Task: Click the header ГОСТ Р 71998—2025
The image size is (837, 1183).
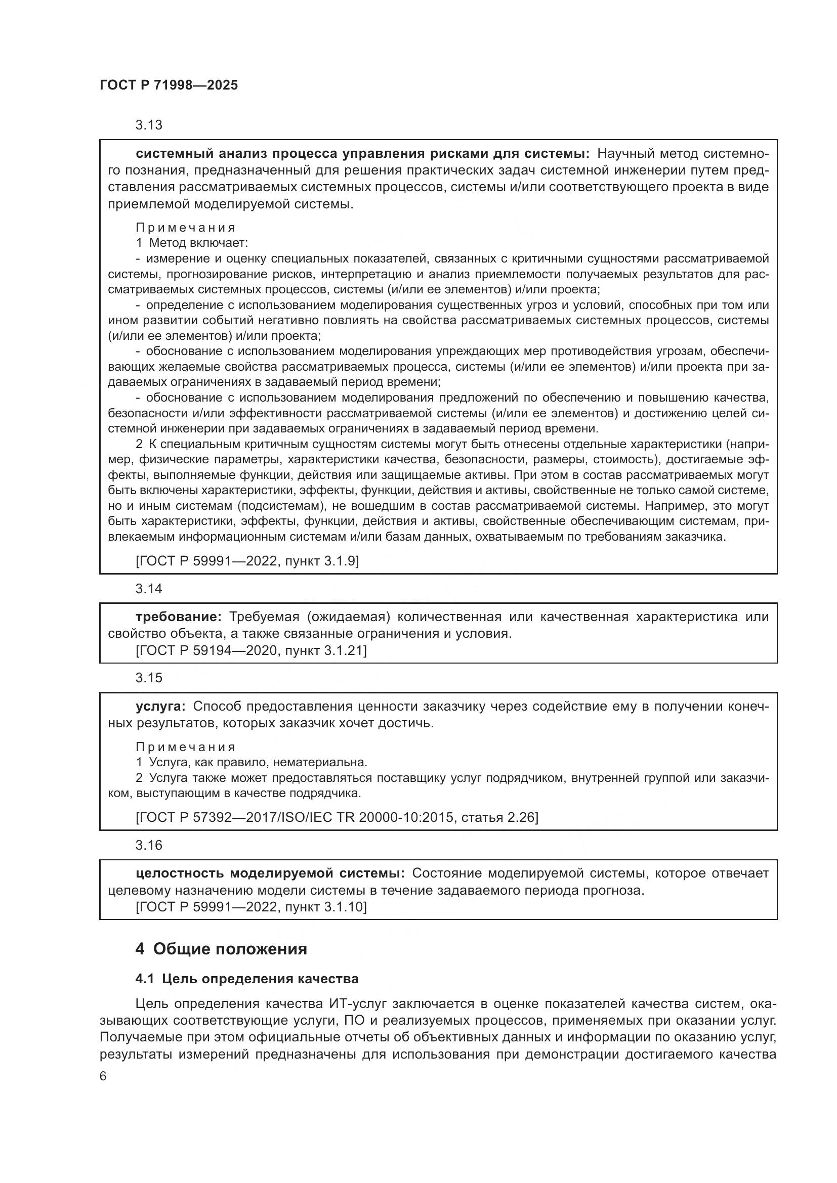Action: (x=169, y=85)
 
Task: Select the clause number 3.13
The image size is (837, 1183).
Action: (x=148, y=125)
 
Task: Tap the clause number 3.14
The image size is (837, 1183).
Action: (x=148, y=588)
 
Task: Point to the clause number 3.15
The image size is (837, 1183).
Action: (x=148, y=678)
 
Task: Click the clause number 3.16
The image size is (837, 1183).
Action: (x=148, y=845)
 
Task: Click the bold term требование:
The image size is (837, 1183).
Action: (x=178, y=617)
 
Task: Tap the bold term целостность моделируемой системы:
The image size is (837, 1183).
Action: (x=271, y=873)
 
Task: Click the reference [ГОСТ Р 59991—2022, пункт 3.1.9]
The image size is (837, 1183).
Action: (x=247, y=561)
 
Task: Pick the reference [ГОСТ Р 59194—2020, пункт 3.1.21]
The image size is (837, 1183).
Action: (x=251, y=651)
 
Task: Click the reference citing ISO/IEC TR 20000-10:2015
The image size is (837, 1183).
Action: (x=337, y=817)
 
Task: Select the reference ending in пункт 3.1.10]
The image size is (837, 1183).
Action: (x=251, y=907)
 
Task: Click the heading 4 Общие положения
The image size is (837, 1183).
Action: (x=221, y=949)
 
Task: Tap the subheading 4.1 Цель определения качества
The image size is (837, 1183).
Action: (x=247, y=979)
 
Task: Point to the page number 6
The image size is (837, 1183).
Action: (x=103, y=1077)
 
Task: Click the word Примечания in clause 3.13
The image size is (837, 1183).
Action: (x=186, y=228)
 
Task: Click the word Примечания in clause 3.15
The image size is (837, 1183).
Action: (x=186, y=747)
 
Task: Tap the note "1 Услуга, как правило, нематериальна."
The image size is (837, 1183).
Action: (x=251, y=762)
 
